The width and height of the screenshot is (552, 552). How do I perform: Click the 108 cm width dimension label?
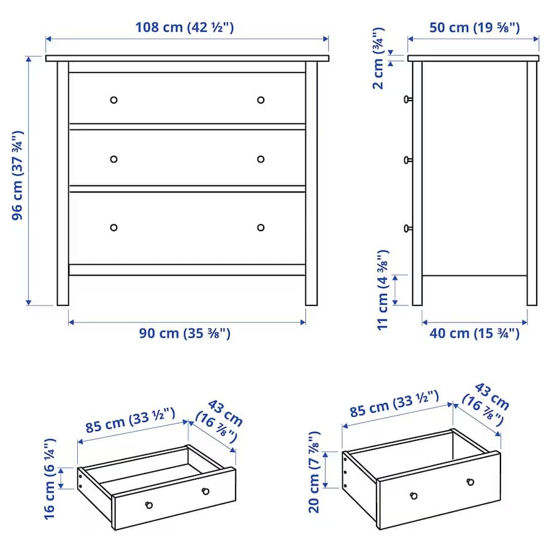coord(185,27)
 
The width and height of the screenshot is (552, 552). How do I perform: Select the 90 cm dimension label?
coord(185,333)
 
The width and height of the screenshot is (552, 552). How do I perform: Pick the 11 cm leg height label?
coord(383,289)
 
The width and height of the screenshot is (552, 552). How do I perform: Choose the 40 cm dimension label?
coord(474,333)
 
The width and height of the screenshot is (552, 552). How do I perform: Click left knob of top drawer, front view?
coord(113,100)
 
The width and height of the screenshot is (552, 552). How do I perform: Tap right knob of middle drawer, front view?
coord(261,159)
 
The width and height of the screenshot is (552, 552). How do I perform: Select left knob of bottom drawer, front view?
coord(113,228)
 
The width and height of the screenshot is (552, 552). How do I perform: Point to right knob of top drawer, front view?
coord(261,100)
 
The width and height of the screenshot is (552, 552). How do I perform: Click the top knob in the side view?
coord(407,99)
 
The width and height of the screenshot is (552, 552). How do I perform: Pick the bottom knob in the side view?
coord(407,228)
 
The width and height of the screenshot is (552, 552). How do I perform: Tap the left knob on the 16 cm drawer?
coord(148,505)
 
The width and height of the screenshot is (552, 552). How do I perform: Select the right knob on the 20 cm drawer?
coord(470,482)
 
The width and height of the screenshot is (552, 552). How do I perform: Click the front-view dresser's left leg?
coord(63,288)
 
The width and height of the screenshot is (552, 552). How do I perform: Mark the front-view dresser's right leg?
coord(312,288)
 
